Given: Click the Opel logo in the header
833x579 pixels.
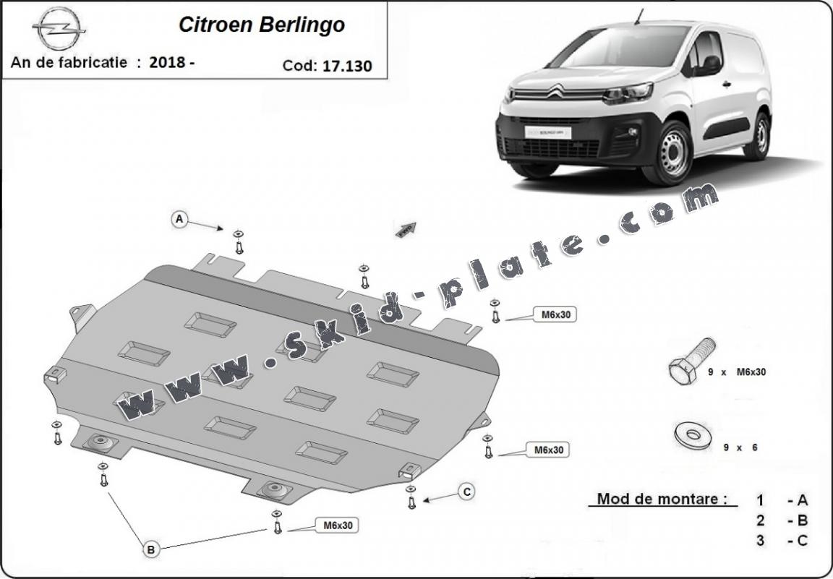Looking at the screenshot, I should (59, 29).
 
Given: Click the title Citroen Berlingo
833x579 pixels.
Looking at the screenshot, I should (261, 25).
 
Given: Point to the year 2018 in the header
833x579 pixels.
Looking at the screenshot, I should (168, 62).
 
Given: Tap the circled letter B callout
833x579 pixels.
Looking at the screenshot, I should (150, 550).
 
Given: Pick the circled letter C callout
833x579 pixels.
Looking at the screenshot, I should (467, 492).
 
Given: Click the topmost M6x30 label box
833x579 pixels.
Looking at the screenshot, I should (555, 314).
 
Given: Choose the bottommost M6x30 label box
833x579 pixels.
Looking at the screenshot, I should (337, 526).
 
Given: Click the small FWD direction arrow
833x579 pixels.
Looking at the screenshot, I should (406, 229).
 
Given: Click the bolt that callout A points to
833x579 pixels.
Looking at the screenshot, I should (239, 244).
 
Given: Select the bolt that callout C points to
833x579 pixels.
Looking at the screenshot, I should (411, 499).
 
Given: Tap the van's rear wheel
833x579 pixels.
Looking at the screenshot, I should (758, 137).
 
